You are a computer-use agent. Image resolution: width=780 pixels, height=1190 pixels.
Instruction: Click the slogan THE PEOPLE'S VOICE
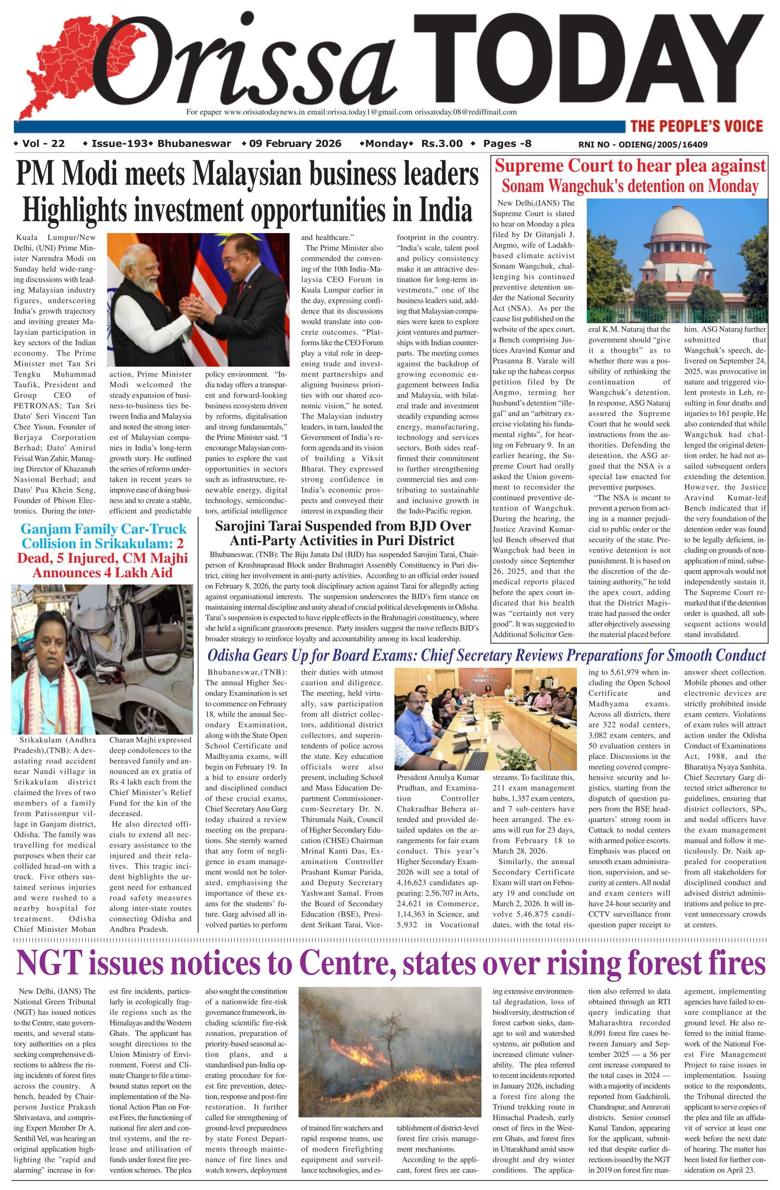click(697, 126)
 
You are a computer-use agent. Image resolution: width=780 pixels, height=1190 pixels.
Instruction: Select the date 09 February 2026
click(295, 144)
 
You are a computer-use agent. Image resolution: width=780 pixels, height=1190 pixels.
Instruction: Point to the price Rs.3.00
click(442, 144)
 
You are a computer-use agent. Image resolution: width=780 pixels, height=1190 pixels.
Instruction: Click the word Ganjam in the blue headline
click(45, 529)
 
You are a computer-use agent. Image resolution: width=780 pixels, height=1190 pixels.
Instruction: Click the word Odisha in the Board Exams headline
click(230, 655)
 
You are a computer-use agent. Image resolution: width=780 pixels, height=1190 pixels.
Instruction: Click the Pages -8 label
click(507, 144)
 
